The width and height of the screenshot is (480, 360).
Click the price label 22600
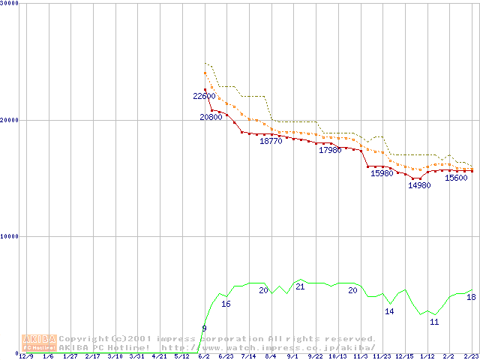click(204, 96)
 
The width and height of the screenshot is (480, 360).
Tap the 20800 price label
click(211, 117)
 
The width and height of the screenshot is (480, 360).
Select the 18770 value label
click(271, 140)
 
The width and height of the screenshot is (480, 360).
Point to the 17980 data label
click(330, 150)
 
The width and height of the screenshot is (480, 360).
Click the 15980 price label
click(382, 173)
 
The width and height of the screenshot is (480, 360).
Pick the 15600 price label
click(456, 178)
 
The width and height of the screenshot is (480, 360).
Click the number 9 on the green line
click(204, 328)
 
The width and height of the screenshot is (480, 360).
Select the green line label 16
click(226, 304)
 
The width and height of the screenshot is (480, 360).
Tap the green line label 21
click(300, 286)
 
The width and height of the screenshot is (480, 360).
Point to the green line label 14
click(389, 311)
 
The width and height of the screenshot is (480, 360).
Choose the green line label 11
click(434, 322)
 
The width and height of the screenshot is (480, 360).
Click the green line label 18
click(471, 297)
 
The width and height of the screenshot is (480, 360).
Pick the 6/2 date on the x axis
click(203, 356)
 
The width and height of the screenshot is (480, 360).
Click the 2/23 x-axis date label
click(471, 356)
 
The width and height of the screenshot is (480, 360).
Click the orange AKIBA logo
click(39, 342)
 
